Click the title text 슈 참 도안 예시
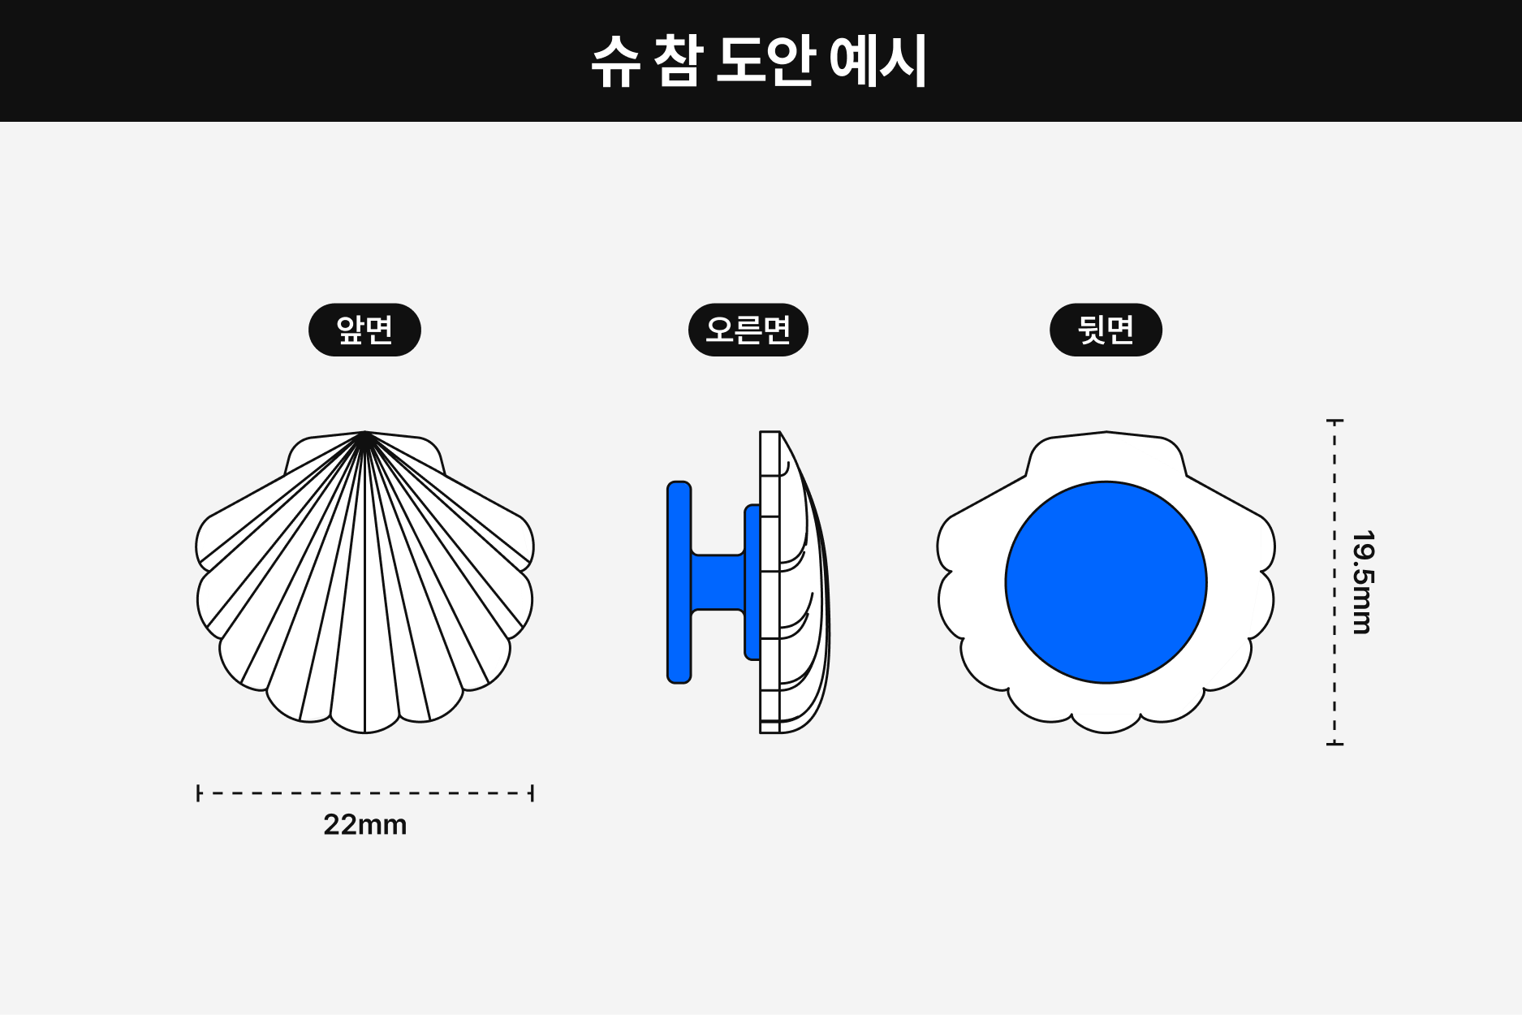click(x=760, y=61)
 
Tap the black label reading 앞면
click(x=364, y=330)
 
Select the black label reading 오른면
click(x=748, y=330)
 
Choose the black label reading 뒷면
click(x=1106, y=330)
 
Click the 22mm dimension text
click(x=364, y=825)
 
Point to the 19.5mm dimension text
click(x=1363, y=582)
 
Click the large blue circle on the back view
click(x=1106, y=582)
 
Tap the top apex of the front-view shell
click(x=364, y=433)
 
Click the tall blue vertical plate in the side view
click(x=679, y=582)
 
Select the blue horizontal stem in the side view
click(x=718, y=582)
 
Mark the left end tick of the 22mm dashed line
click(x=198, y=793)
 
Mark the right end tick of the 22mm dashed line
click(x=532, y=793)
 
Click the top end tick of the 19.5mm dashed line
click(x=1334, y=421)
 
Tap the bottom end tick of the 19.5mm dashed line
click(x=1334, y=743)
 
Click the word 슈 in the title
click(x=616, y=62)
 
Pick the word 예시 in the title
click(x=878, y=61)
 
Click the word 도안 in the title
click(x=765, y=61)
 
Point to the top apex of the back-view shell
click(x=1106, y=433)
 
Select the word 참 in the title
click(x=676, y=61)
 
